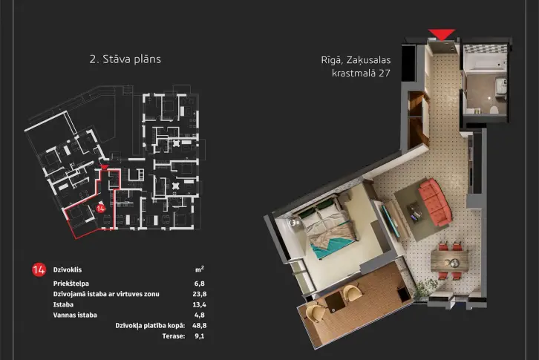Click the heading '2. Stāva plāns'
[125, 59]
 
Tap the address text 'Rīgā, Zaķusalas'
[356, 60]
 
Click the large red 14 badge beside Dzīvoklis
[39, 270]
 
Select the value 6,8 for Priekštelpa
[200, 284]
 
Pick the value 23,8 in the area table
[200, 294]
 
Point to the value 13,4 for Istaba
[200, 304]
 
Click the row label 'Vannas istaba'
[75, 315]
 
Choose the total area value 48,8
[200, 326]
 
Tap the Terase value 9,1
[200, 336]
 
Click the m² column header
[200, 269]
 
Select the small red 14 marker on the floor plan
[100, 209]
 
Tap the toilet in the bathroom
[494, 110]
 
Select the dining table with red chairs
[450, 261]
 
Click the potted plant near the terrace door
[425, 288]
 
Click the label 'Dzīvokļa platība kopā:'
[150, 326]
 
